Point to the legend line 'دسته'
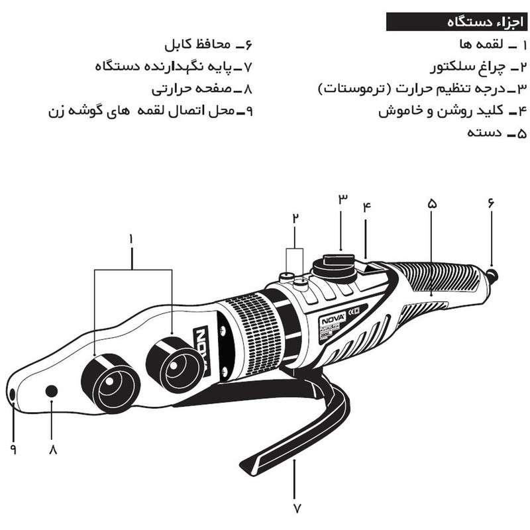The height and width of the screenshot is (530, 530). tap(486, 133)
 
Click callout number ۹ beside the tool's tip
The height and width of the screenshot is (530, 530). tap(13, 449)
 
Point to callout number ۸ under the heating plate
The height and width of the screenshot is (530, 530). tap(52, 449)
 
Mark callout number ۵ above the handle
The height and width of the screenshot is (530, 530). tap(432, 205)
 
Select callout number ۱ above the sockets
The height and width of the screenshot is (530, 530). tap(132, 237)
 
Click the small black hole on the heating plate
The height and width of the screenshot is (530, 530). tap(50, 392)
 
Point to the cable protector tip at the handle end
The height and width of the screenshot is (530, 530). tap(492, 273)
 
